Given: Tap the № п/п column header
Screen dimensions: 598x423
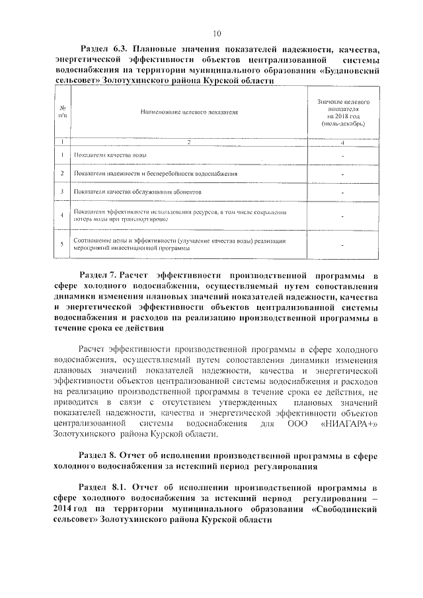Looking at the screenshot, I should coord(61,112).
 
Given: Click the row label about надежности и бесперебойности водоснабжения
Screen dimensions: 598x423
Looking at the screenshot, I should coord(156,174).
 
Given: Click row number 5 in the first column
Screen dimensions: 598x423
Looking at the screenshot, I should coord(61,244).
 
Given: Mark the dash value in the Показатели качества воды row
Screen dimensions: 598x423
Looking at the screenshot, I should coord(342,156).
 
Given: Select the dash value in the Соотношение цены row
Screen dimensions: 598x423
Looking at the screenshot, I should coord(342,245).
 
